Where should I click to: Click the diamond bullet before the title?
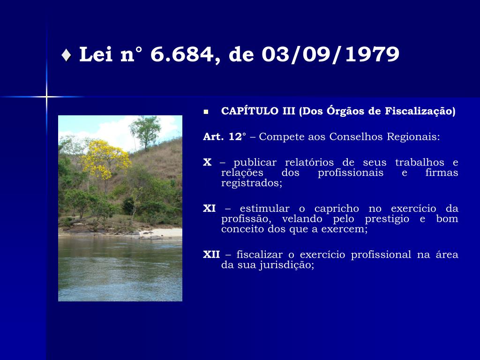[66, 55]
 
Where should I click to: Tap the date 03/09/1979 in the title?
[330, 55]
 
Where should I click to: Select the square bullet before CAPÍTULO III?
[206, 112]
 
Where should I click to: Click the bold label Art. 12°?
[225, 136]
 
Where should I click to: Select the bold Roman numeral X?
[207, 162]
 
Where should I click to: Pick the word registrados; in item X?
[252, 183]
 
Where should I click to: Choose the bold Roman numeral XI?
[210, 209]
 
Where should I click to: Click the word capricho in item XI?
[337, 209]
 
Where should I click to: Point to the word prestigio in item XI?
[387, 219]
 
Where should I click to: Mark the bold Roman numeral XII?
[211, 255]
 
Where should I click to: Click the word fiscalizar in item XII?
[259, 255]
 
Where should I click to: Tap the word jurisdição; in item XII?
[287, 265]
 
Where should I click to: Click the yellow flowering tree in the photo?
[104, 159]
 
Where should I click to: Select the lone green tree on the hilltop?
[146, 132]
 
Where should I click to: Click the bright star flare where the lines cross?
[46, 97]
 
